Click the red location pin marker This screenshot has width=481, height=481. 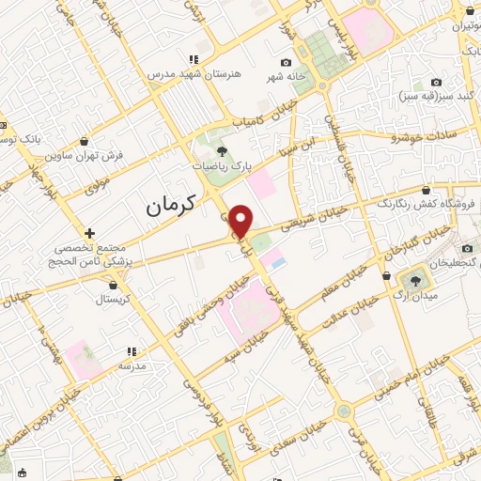point(241,220)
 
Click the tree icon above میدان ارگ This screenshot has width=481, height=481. point(413,280)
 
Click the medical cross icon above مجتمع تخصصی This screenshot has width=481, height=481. point(90,232)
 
